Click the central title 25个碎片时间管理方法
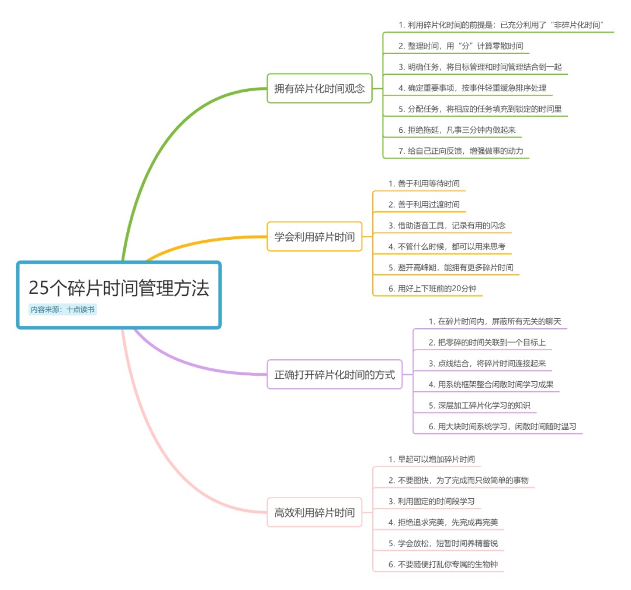tap(119, 288)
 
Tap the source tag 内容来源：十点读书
tap(63, 309)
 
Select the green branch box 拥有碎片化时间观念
tap(320, 88)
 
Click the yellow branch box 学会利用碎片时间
tap(314, 236)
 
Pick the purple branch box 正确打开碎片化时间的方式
tap(335, 375)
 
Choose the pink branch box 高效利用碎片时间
tap(314, 512)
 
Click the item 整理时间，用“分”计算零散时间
tap(461, 46)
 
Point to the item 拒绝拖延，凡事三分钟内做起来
tap(457, 130)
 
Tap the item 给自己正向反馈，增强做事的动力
tap(460, 151)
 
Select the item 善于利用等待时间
tap(424, 184)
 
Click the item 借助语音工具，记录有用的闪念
tap(447, 225)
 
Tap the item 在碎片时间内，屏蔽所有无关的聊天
tap(494, 321)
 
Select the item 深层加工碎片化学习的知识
tap(479, 405)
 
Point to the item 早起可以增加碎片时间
tap(432, 459)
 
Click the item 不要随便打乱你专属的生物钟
tap(447, 564)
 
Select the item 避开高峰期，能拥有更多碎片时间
tap(451, 267)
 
